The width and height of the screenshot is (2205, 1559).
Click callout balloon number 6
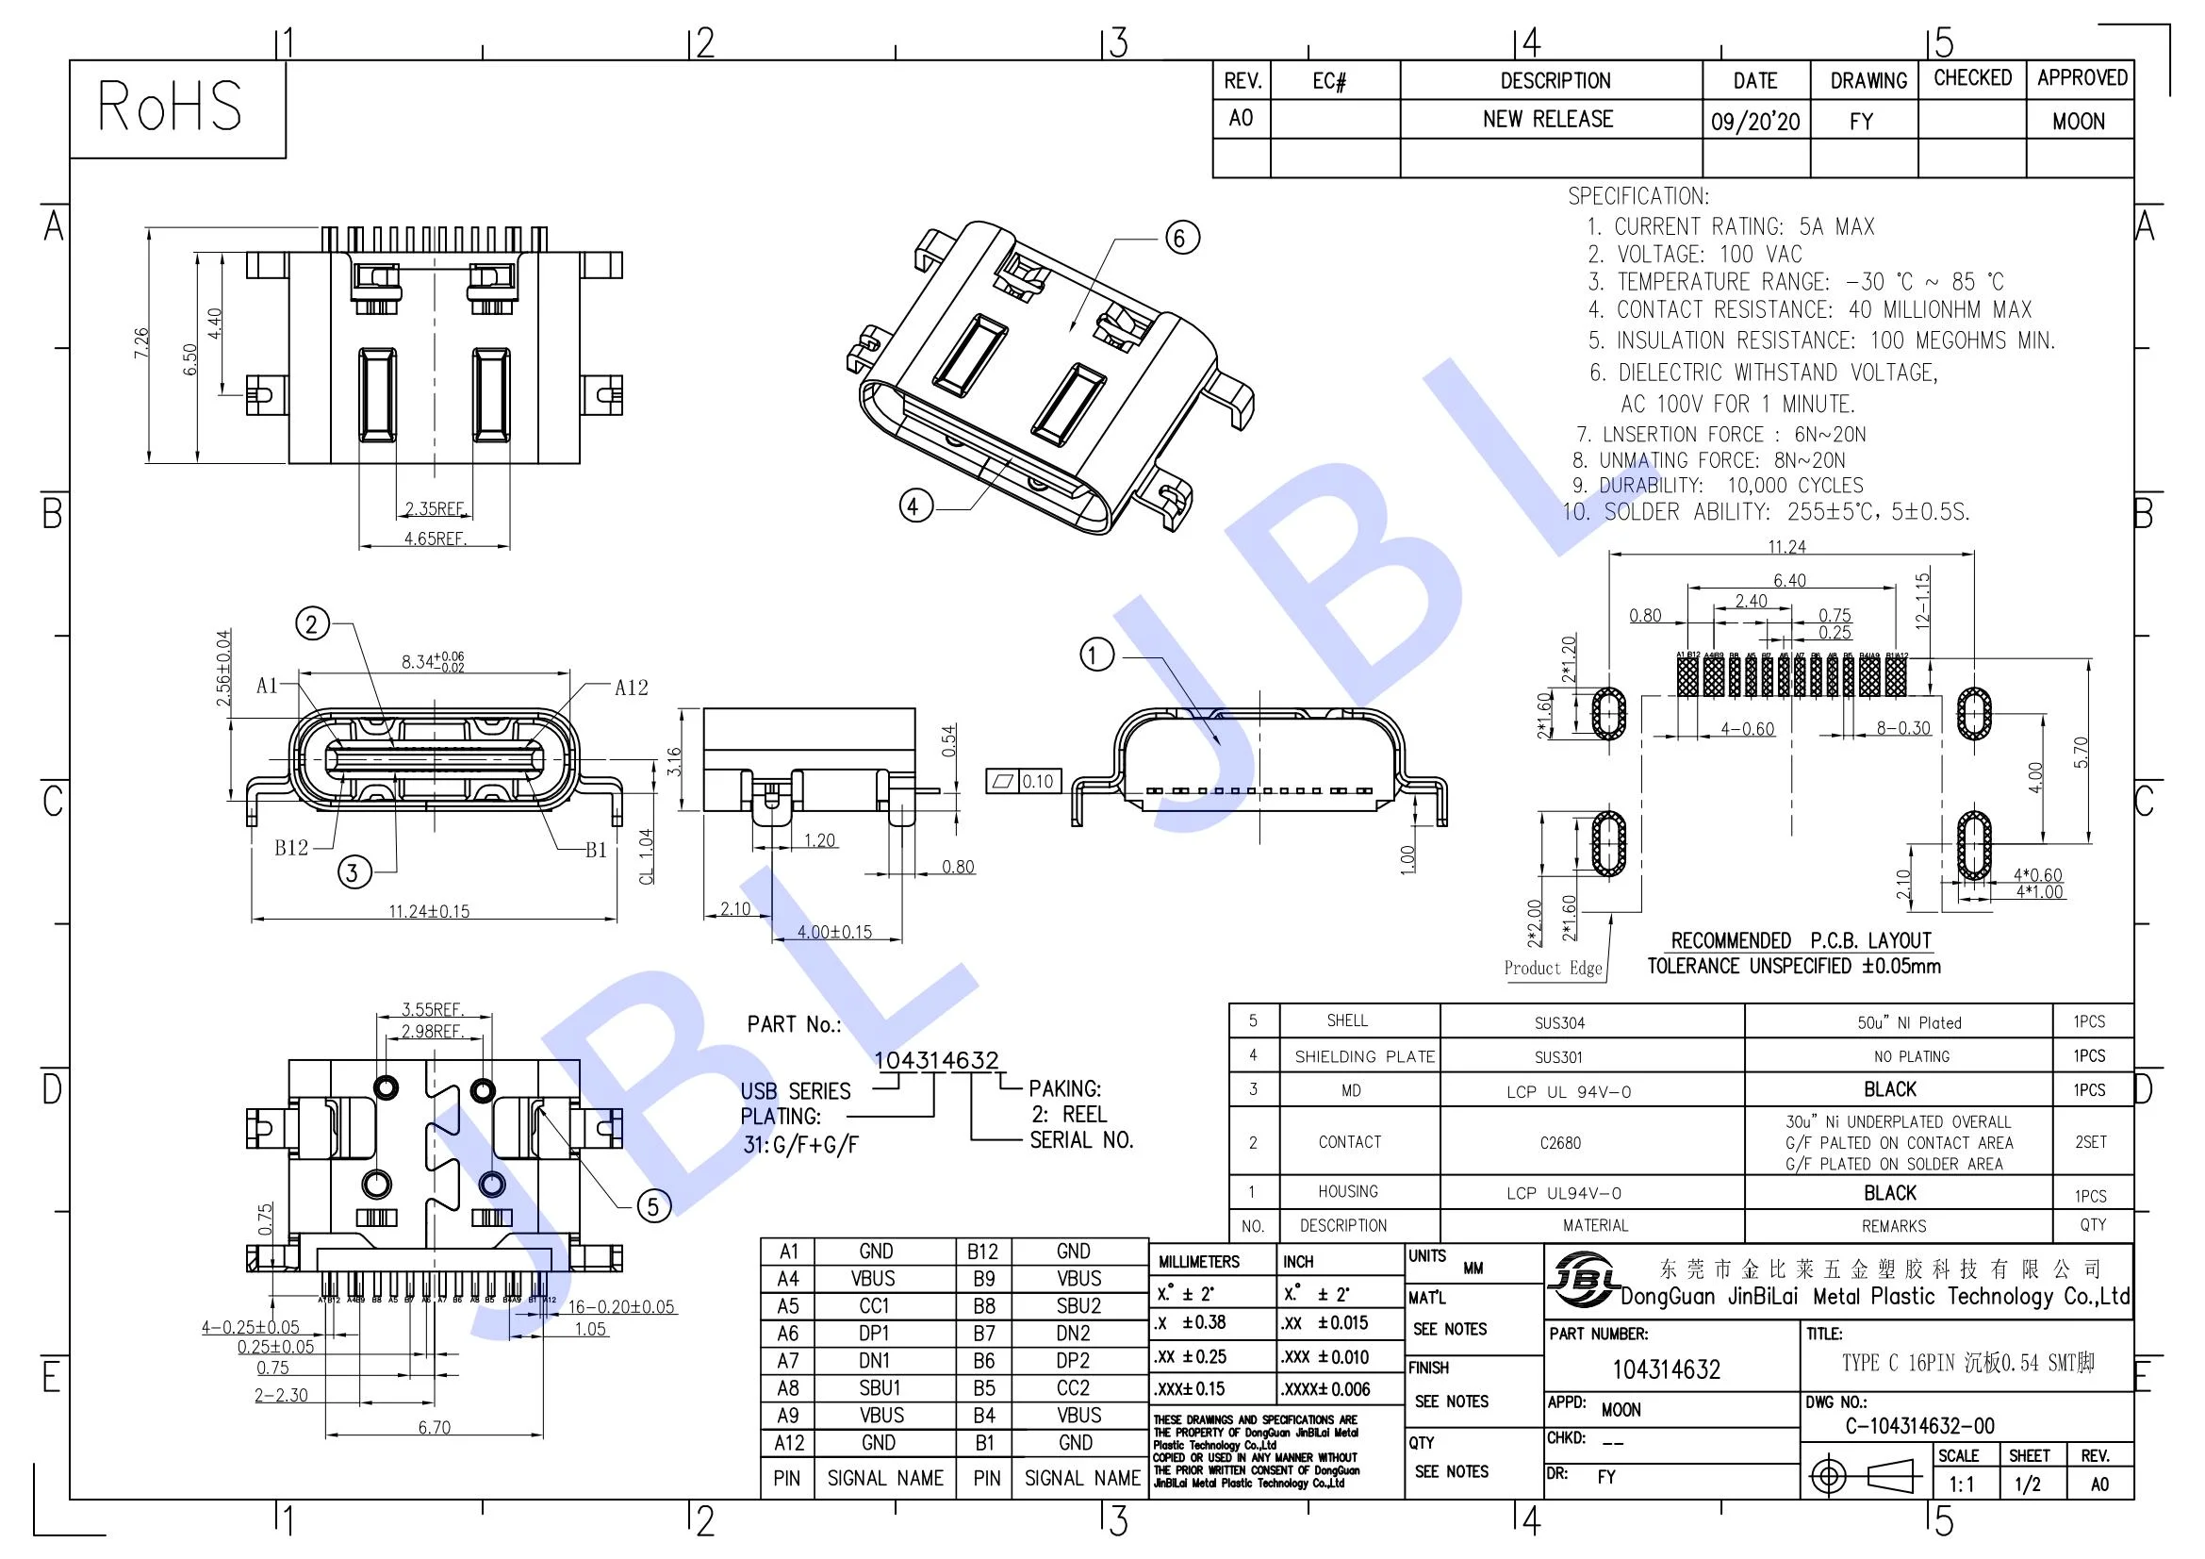pos(1182,238)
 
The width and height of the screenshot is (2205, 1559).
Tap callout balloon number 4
pos(915,506)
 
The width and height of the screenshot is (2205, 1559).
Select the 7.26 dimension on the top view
pos(141,343)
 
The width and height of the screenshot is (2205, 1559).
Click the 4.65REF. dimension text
pos(435,539)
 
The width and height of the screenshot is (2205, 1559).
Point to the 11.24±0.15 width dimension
pos(429,911)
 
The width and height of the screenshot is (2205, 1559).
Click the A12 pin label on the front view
pos(631,688)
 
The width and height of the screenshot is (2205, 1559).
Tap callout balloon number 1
pos(1096,655)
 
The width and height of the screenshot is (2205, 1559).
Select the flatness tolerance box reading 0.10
pos(1023,781)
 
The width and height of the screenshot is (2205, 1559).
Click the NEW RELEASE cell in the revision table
pos(1548,119)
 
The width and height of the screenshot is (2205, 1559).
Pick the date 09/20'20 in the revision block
pos(1754,121)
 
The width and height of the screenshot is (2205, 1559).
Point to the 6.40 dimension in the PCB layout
pos(1789,580)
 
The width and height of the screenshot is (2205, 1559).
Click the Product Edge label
pos(1553,969)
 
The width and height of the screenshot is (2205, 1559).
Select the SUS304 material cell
pos(1559,1023)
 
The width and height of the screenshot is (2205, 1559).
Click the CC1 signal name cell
pos(874,1306)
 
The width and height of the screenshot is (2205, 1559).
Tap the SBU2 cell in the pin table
pos(1078,1306)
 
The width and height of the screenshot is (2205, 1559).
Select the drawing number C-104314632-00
pos(1918,1425)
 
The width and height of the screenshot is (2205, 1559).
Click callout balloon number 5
pos(654,1206)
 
